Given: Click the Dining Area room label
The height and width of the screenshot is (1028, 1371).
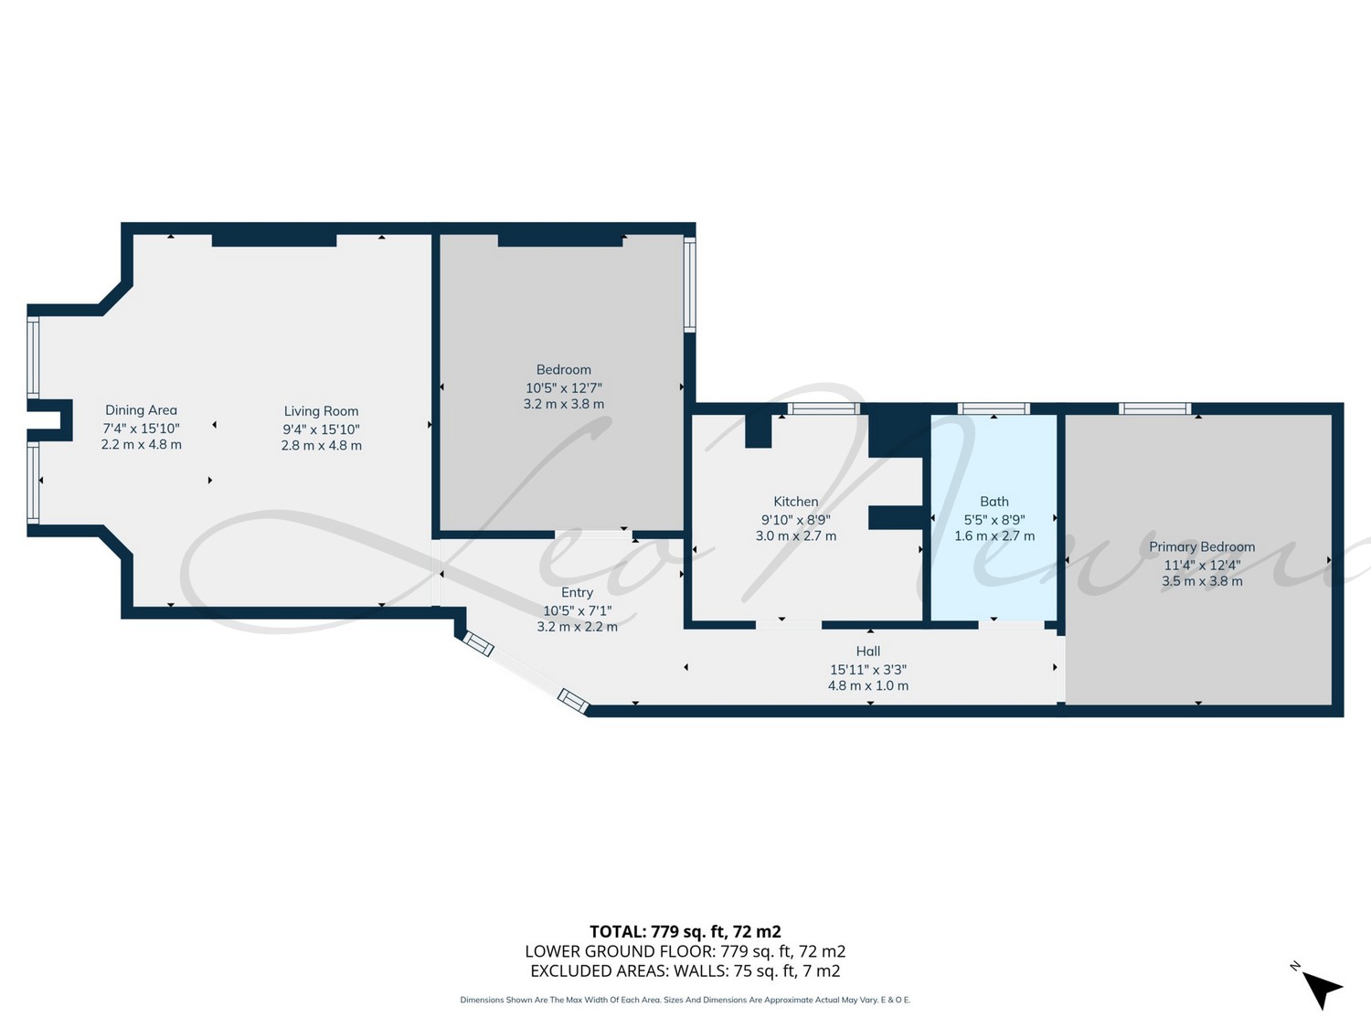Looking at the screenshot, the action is click(x=141, y=410).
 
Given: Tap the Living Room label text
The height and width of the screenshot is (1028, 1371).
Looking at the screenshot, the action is click(x=321, y=411).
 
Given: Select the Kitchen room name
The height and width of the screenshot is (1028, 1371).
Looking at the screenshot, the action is click(x=796, y=501).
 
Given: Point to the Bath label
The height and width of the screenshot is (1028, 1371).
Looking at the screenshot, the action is click(x=994, y=501).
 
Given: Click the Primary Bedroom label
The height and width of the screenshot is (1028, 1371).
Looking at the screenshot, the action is click(x=1202, y=546).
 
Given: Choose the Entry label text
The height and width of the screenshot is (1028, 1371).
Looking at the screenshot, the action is click(x=577, y=592).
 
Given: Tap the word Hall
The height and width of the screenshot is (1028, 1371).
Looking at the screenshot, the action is click(x=868, y=651).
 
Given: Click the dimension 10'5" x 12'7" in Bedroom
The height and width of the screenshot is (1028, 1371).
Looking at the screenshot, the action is click(x=563, y=387).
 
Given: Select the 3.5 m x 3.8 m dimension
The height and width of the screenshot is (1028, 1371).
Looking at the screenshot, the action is click(x=1202, y=581).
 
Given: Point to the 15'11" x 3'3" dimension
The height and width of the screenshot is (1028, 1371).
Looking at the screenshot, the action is click(x=868, y=670).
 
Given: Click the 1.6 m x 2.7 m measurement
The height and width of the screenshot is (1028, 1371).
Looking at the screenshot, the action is click(x=994, y=535).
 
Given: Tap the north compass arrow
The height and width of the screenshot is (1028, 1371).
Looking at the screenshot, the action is click(x=1321, y=990).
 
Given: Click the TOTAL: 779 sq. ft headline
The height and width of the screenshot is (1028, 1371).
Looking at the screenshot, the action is click(x=685, y=932).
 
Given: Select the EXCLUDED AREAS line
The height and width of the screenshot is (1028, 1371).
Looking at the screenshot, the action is click(x=685, y=971).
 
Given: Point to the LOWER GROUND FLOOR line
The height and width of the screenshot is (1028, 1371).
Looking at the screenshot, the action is click(x=685, y=951).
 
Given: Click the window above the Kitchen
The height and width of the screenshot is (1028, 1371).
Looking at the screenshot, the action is click(x=824, y=408).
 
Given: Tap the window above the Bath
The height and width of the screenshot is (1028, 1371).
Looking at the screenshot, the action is click(x=994, y=408).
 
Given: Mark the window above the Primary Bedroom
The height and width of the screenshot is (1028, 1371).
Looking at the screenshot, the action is click(x=1155, y=408).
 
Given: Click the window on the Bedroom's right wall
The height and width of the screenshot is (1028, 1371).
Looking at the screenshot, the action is click(x=689, y=284).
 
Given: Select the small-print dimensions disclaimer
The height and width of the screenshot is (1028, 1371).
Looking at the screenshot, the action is click(x=685, y=1000).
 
